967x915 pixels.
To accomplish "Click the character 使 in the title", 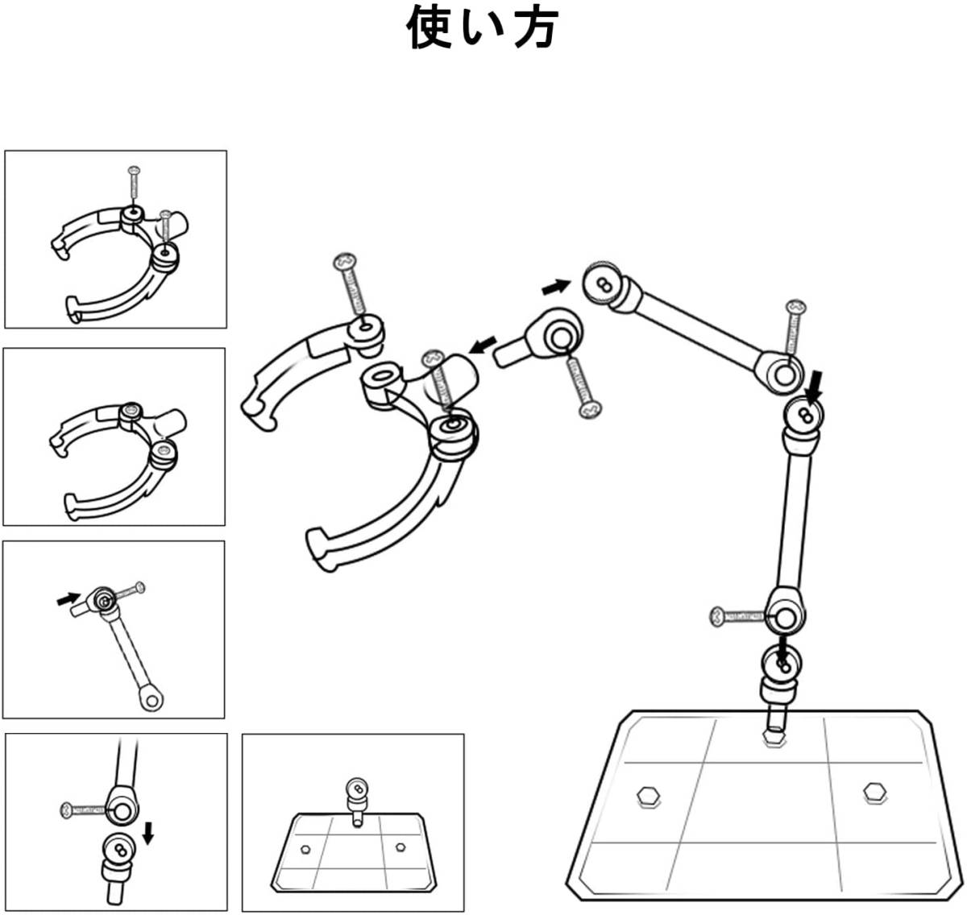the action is coord(429,27).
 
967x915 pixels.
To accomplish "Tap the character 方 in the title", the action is coord(537,27).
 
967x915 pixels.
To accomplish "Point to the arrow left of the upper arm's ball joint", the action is coord(556,286).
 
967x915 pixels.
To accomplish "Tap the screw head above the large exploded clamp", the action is coord(345,261).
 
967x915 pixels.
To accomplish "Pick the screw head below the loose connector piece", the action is coord(590,409).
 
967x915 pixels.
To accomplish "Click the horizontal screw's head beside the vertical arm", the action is coord(718,616).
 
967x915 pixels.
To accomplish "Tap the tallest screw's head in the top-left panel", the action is coord(134,171).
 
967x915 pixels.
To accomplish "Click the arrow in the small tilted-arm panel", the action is coord(68,598).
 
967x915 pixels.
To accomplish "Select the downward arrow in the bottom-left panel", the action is coord(148,834).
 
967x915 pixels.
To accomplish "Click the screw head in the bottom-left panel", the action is coord(66,809).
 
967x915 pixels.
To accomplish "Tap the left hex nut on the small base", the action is coord(305,849).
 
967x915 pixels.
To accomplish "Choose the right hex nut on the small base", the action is coord(400,847).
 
